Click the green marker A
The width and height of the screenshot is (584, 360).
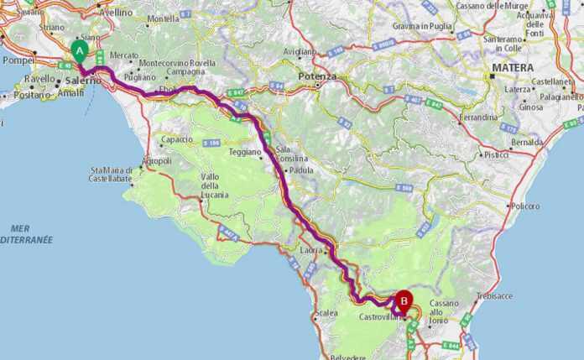tap(80, 50)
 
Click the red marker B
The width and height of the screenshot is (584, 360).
tap(404, 299)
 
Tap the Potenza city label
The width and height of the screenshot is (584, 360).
tap(317, 76)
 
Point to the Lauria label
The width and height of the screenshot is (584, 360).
tap(310, 249)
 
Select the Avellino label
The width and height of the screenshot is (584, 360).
tap(116, 13)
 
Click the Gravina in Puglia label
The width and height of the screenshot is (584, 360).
tap(422, 26)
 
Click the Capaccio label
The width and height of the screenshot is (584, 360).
tap(176, 139)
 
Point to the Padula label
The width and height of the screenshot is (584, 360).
tap(300, 170)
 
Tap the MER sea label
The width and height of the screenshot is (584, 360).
tap(21, 228)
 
